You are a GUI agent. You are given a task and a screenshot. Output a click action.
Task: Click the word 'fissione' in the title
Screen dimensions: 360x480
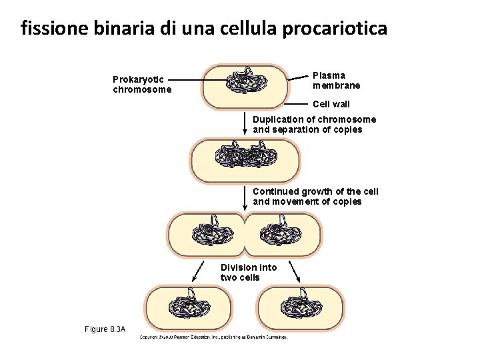click(x=49, y=29)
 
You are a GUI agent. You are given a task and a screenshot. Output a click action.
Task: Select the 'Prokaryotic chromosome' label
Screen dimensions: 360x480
click(x=142, y=85)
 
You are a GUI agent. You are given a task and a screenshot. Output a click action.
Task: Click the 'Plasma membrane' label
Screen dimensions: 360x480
click(x=336, y=81)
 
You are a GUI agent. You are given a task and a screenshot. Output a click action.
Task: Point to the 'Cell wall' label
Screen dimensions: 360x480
click(x=331, y=104)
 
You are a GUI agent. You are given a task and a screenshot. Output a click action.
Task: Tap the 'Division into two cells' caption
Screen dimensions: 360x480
click(x=248, y=272)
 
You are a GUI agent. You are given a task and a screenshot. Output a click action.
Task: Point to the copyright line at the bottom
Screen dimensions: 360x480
click(x=213, y=337)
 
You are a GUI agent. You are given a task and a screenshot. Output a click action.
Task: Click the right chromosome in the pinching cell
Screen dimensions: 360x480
click(x=279, y=233)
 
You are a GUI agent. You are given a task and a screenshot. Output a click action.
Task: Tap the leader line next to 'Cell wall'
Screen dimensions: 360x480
click(x=296, y=104)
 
